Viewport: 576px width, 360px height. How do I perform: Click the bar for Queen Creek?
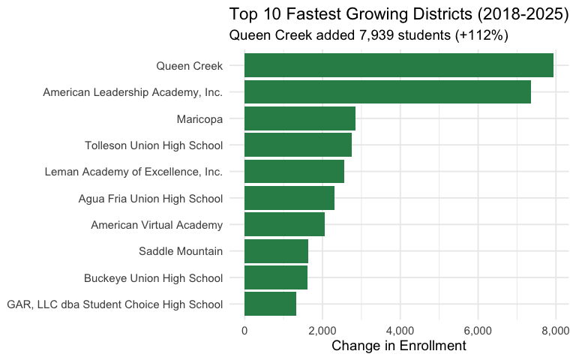coord(398,65)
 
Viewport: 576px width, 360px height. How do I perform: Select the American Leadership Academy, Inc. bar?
coord(387,92)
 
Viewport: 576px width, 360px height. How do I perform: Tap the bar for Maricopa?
coord(299,118)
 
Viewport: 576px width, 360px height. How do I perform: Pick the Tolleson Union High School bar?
coord(298,145)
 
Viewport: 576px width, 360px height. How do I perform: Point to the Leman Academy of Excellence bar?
coord(294,172)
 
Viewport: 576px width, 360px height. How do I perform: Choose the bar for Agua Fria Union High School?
coord(289,198)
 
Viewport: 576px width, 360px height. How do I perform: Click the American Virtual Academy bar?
coord(284,224)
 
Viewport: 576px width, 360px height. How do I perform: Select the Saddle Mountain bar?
coord(276,251)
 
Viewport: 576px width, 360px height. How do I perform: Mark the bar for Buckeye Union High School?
coord(275,277)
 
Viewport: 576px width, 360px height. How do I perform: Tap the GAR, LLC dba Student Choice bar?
coord(270,304)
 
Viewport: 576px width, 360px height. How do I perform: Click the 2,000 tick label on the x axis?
coord(322,329)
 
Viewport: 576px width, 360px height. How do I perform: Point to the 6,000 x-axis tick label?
coord(478,329)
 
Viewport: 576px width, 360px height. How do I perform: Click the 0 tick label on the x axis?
coord(244,329)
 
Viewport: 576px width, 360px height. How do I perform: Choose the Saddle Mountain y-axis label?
coord(181,251)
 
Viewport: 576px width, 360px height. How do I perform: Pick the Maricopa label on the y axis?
coord(199,118)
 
